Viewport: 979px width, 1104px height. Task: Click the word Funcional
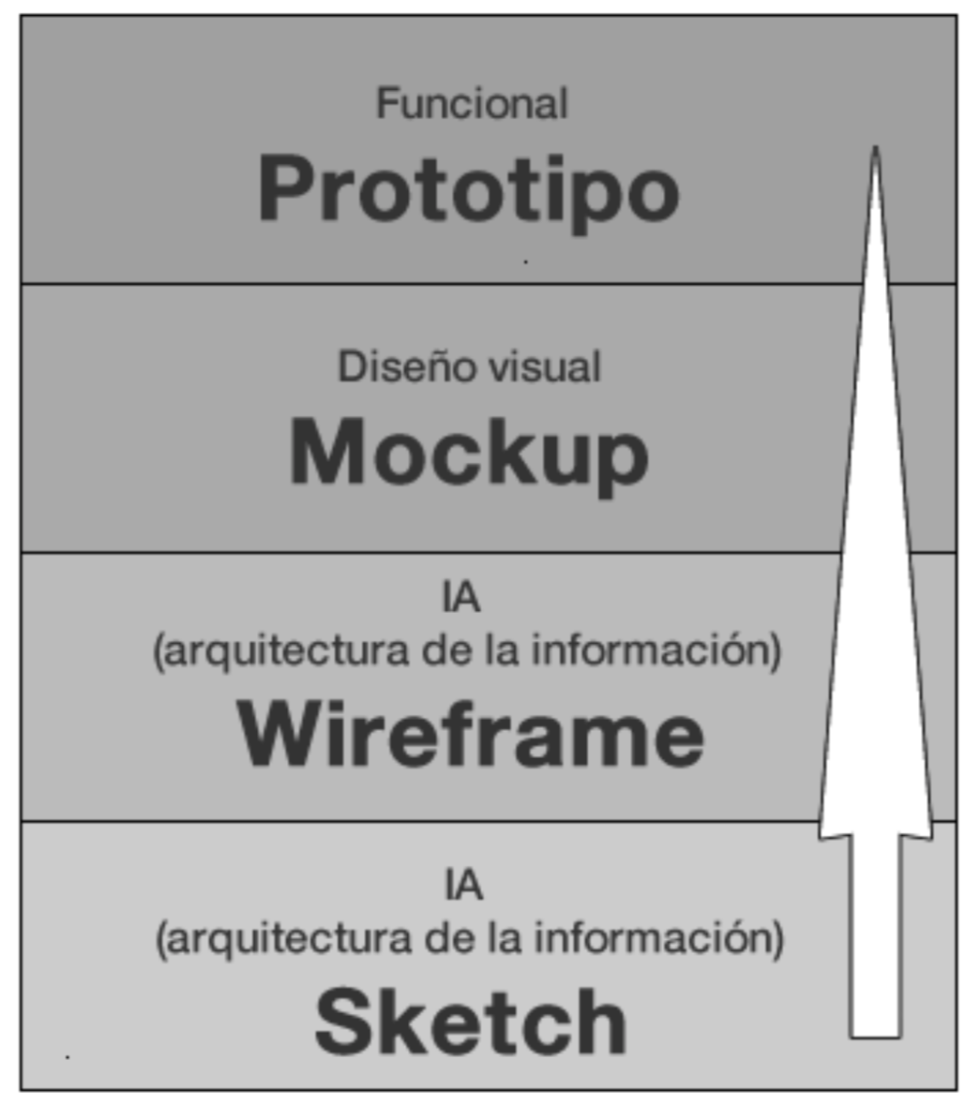coord(472,103)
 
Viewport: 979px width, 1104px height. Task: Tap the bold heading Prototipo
coord(468,190)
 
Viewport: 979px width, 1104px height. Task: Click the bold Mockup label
coord(469,454)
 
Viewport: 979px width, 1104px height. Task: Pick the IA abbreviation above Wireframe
coord(461,598)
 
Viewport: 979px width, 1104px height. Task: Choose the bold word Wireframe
coord(470,736)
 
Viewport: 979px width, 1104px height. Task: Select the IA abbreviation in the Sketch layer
coord(463,886)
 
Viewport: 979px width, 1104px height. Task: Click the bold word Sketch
coord(470,1022)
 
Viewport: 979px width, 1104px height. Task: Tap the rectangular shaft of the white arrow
coord(875,937)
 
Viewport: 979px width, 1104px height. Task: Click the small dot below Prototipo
coord(525,261)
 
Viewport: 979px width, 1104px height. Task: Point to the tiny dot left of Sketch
coord(68,1056)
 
